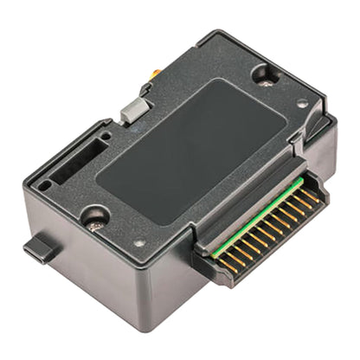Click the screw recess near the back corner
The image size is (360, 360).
[264, 75]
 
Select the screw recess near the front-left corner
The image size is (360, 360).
[93, 216]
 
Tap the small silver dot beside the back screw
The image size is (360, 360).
[300, 103]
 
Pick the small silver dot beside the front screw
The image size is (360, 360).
[139, 243]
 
